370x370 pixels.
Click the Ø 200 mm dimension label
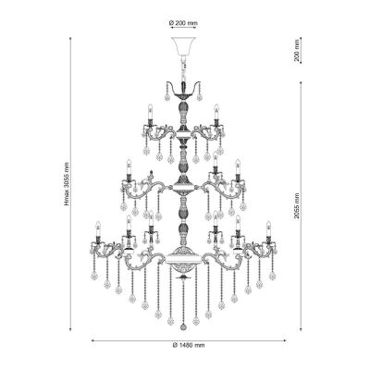(x=183, y=23)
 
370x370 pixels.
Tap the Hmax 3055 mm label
(x=67, y=184)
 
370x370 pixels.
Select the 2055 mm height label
(x=296, y=205)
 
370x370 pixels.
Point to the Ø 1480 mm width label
(x=189, y=345)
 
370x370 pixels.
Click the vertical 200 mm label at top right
(x=297, y=50)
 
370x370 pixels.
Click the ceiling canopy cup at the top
(x=183, y=46)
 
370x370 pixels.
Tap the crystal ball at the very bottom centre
(x=183, y=327)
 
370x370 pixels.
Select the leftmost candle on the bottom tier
(x=98, y=229)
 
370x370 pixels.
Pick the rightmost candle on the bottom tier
(x=268, y=229)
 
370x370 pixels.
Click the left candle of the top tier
(x=150, y=112)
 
